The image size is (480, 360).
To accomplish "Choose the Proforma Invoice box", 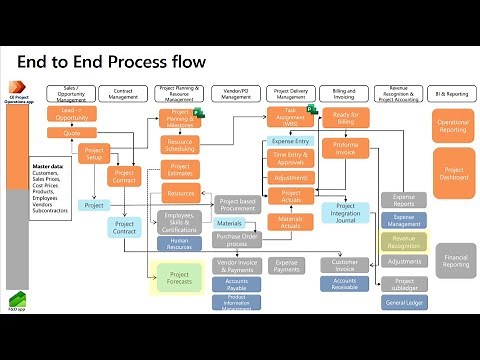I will coord(346,148).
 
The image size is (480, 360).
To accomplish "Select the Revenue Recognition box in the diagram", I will coord(404,241).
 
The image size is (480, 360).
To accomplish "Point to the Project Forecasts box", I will coord(180,278).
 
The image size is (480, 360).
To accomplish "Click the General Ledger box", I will coord(404,301).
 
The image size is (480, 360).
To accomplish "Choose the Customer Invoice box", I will coord(346,264).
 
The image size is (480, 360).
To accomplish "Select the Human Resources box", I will coord(180,242).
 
